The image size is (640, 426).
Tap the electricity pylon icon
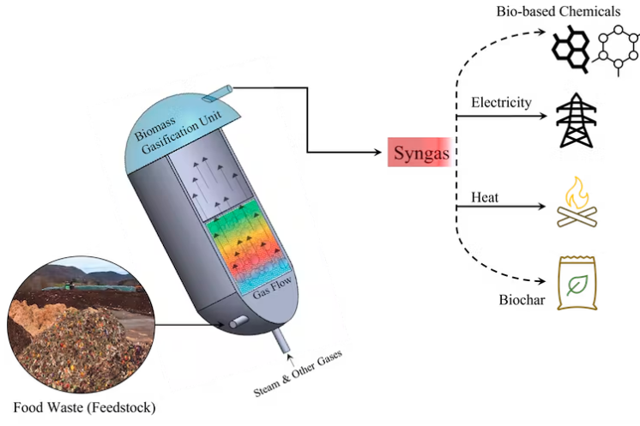click(x=580, y=120)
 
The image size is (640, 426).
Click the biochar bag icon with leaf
click(x=580, y=284)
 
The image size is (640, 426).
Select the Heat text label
click(x=485, y=198)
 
